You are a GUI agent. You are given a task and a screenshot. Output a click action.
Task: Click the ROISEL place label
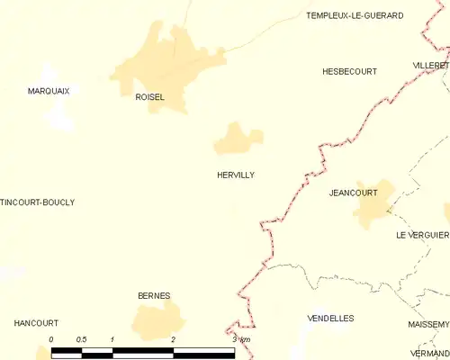149,97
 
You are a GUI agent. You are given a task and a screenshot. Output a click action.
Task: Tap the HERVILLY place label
236,175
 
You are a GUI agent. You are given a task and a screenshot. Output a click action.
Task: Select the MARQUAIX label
49,91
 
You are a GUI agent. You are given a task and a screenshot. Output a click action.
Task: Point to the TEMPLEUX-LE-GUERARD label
355,15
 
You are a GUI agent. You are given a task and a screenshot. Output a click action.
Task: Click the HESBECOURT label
349,71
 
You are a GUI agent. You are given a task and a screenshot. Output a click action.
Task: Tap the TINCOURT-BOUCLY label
37,202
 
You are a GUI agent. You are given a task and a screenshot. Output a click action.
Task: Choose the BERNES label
154,295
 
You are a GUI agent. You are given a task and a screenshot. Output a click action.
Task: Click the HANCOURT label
36,323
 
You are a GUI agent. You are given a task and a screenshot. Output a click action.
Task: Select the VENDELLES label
330,319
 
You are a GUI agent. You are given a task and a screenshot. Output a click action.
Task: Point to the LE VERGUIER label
422,235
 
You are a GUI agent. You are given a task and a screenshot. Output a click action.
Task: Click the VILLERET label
431,67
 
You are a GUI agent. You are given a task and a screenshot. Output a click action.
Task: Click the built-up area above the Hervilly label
238,139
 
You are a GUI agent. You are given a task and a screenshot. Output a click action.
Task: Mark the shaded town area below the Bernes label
158,321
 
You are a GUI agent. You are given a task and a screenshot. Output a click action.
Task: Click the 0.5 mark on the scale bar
81,339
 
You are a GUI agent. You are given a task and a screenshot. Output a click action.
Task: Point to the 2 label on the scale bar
173,339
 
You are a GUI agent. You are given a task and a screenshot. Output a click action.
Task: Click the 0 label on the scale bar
51,339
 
